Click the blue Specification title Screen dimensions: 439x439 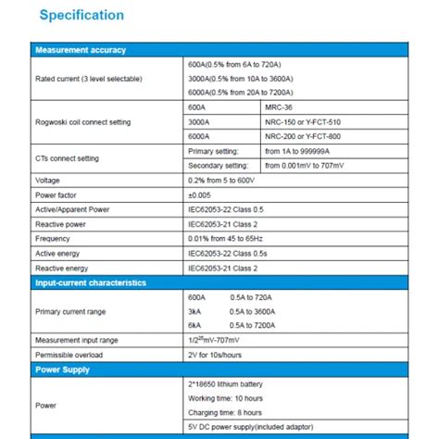(79, 16)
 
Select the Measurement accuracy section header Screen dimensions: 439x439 (80, 50)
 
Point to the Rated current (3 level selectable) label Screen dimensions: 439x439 (89, 79)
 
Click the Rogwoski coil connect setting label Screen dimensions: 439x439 (82, 122)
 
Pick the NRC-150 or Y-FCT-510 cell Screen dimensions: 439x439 (303, 122)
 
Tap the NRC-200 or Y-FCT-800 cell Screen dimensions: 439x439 (303, 136)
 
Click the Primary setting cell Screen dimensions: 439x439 (213, 150)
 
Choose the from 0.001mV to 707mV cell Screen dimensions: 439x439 (317, 165)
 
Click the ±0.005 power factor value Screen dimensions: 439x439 (201, 194)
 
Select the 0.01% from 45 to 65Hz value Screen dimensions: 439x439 (225, 238)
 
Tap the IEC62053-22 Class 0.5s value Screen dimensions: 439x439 (228, 253)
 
